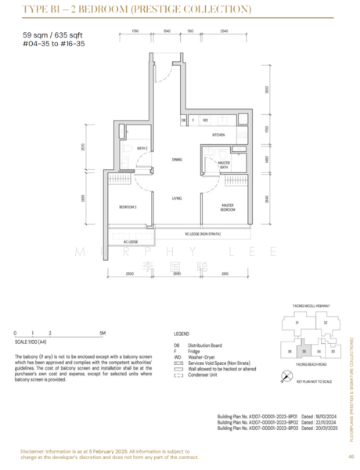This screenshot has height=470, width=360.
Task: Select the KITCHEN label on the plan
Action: coord(218,135)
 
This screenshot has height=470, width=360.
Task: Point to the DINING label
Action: coord(177,159)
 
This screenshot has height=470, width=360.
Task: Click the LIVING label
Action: coord(177,198)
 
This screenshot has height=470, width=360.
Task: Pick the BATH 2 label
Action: coord(142,147)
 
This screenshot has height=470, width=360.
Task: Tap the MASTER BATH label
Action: coord(223,164)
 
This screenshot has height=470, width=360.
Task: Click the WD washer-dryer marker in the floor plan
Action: coord(205,121)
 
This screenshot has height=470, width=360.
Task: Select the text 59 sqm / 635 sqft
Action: coord(49,36)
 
